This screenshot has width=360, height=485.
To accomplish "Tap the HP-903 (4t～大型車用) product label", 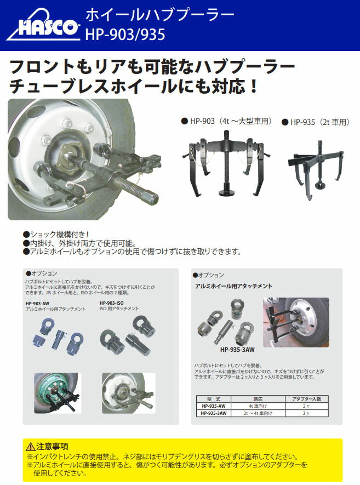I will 226,121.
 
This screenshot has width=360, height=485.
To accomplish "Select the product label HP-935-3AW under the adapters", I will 237,349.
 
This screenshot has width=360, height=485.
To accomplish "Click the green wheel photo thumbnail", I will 56,393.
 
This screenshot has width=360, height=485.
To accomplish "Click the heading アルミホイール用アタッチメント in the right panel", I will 233,286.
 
